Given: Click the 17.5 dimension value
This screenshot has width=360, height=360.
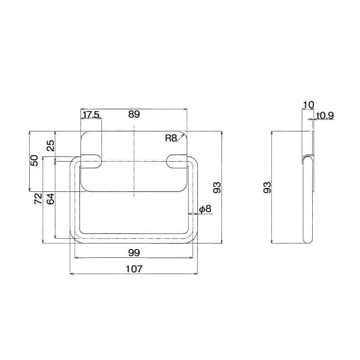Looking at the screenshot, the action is (x=91, y=115).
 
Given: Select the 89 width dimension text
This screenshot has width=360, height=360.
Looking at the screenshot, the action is (x=134, y=114).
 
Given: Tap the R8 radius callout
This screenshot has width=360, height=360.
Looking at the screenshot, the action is (x=171, y=138).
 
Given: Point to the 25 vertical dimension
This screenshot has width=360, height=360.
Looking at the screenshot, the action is (x=51, y=145).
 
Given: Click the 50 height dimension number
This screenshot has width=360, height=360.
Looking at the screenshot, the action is (x=35, y=161).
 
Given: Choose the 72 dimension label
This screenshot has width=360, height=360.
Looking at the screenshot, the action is (x=38, y=198).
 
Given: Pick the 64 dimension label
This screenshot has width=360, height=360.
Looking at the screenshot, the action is (x=50, y=199).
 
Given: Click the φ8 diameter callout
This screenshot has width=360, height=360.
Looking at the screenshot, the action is (x=205, y=209).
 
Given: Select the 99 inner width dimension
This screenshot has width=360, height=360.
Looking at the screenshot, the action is (x=134, y=253).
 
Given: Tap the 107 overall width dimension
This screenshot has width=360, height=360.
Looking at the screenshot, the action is (x=134, y=269).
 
